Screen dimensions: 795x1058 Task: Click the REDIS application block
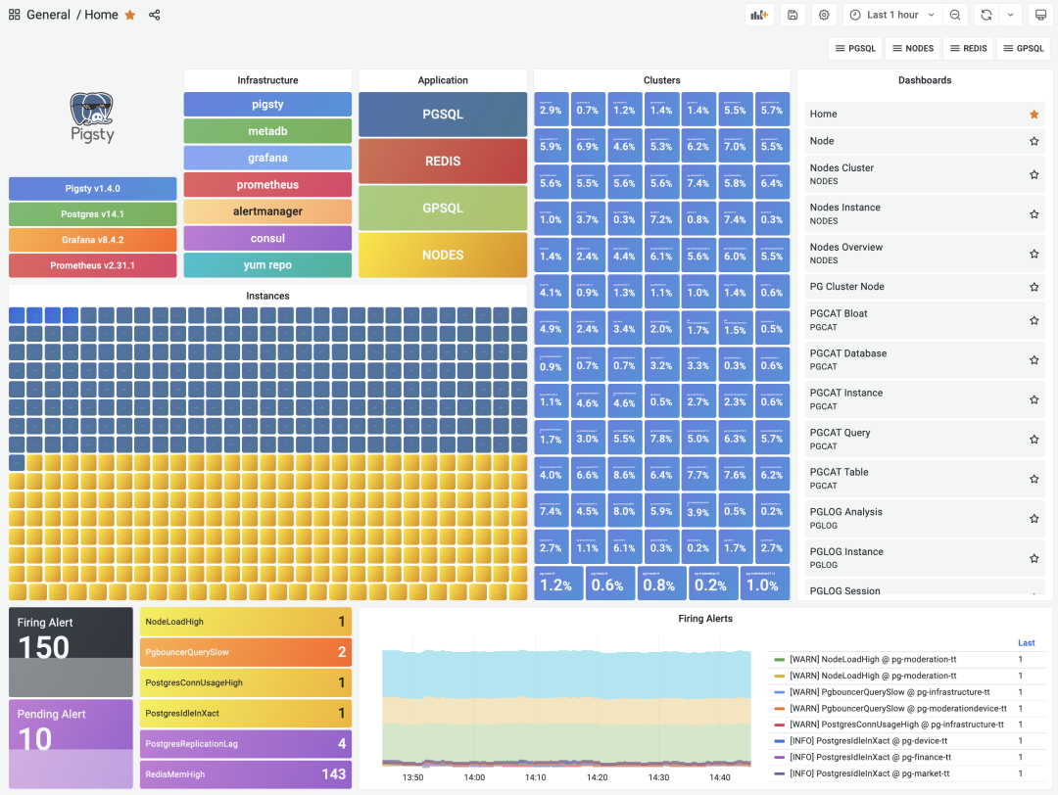pos(443,162)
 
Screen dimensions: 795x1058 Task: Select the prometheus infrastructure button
pos(267,185)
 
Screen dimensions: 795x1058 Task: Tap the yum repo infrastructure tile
pos(267,265)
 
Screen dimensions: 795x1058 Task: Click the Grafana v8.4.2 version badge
pos(93,240)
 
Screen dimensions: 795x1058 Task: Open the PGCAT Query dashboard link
pos(840,433)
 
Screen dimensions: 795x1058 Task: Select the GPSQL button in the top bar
pos(1024,48)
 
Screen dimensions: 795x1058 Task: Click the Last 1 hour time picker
pos(891,15)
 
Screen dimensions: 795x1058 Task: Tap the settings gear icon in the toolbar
pos(824,15)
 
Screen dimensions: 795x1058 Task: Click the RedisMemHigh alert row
pos(245,774)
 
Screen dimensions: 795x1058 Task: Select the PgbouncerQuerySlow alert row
pos(245,652)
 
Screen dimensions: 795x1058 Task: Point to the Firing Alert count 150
pos(44,647)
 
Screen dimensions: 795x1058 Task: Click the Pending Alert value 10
pos(35,738)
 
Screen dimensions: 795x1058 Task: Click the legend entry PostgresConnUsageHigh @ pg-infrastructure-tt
pos(896,725)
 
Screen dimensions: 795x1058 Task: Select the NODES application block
pos(443,255)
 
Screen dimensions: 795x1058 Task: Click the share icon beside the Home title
pos(155,15)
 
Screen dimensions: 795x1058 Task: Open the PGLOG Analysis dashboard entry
pos(845,512)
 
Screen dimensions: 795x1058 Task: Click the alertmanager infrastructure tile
pos(267,211)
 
